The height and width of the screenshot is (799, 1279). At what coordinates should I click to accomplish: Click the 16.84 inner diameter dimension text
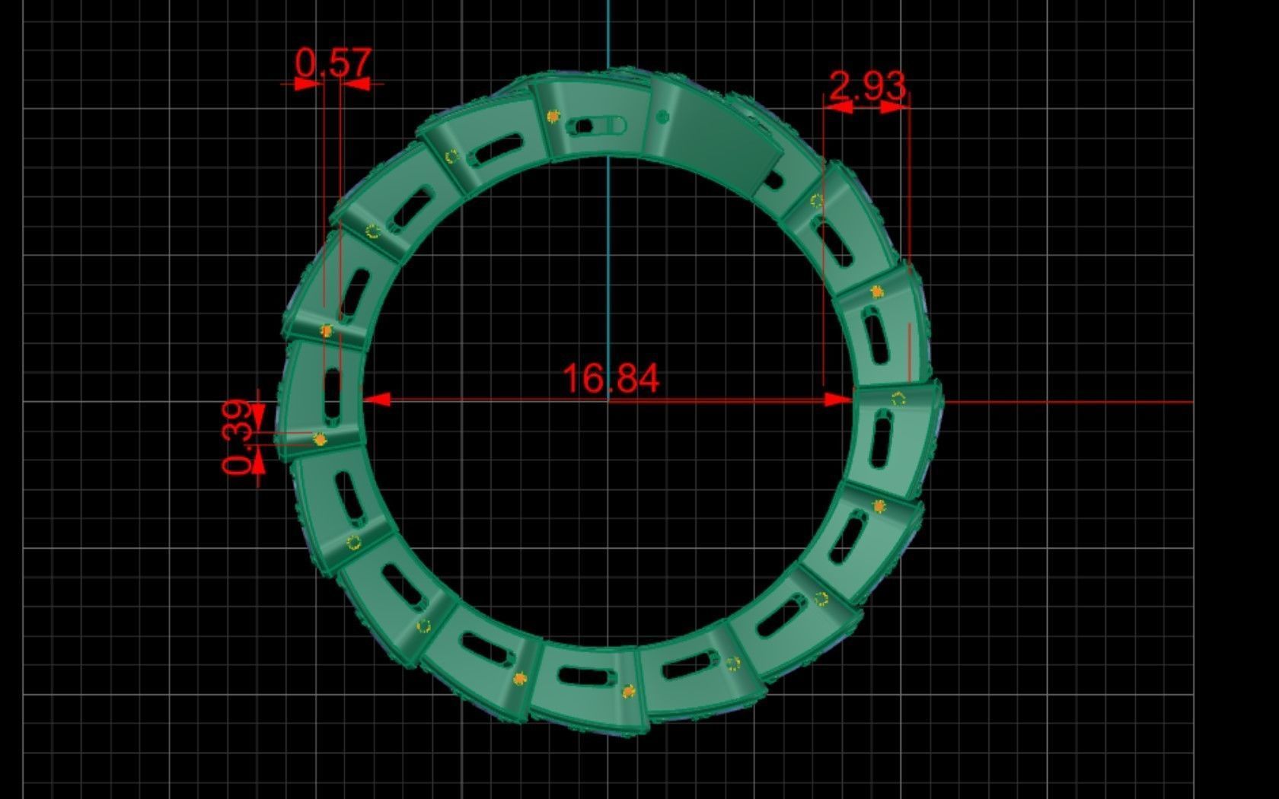611,378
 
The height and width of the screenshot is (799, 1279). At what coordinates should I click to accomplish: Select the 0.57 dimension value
333,63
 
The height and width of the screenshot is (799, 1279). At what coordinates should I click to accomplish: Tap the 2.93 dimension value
867,86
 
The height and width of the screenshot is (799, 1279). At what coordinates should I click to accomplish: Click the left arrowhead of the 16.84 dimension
377,399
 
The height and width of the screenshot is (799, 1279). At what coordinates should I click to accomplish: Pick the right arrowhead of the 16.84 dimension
839,399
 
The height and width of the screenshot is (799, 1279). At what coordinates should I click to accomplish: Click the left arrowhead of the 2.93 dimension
837,108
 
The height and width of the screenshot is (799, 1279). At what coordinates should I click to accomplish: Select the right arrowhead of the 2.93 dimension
895,108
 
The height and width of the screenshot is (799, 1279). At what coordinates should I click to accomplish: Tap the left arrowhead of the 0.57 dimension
308,84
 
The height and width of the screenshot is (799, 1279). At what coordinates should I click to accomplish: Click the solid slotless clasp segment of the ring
716,141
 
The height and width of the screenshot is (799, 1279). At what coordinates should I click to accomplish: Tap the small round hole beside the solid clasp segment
662,116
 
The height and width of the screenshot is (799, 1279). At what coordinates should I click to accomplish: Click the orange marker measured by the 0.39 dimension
321,440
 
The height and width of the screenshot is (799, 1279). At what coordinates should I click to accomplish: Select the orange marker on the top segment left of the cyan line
553,116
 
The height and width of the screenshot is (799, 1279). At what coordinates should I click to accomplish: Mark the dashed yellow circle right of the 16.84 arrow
898,398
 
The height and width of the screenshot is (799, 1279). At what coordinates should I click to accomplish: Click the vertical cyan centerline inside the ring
608,266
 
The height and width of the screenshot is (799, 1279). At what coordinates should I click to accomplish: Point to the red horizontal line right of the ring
1066,402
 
